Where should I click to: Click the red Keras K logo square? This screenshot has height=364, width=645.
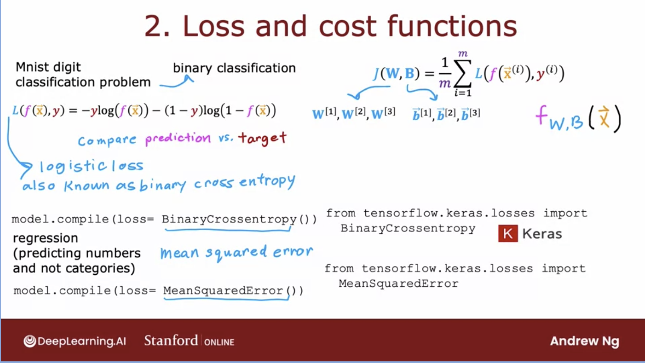point(508,233)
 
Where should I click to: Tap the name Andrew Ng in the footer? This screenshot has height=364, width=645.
point(585,341)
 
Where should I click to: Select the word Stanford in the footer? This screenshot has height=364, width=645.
point(171,340)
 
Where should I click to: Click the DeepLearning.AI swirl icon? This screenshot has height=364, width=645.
point(30,341)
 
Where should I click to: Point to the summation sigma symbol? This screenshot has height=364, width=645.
point(462,73)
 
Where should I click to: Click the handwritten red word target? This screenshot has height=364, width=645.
point(262,138)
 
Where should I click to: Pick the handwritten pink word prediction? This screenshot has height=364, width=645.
point(178,138)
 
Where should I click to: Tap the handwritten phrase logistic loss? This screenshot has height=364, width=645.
point(92,166)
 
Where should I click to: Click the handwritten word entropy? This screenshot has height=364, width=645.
point(267,182)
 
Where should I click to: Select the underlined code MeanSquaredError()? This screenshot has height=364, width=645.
point(233,290)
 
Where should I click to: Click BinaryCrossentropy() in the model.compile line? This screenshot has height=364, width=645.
point(239,219)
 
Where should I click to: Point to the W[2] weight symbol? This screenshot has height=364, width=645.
point(353,113)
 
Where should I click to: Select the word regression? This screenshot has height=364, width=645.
point(45,238)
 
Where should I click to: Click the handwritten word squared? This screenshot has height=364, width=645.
point(236,253)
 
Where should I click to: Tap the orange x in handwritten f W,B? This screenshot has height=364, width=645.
point(604,117)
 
